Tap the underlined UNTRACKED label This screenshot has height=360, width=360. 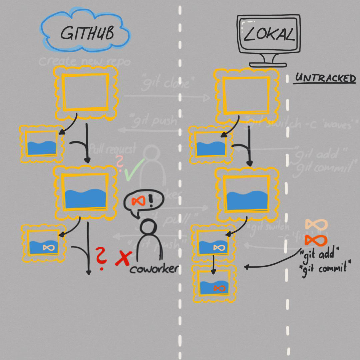tap(325, 79)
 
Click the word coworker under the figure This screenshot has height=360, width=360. tap(154, 269)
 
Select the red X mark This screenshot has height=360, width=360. tap(122, 258)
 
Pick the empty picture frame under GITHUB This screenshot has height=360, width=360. tap(86, 93)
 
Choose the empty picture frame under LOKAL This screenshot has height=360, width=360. tap(246, 95)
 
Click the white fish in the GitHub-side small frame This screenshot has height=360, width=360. tap(47, 247)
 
